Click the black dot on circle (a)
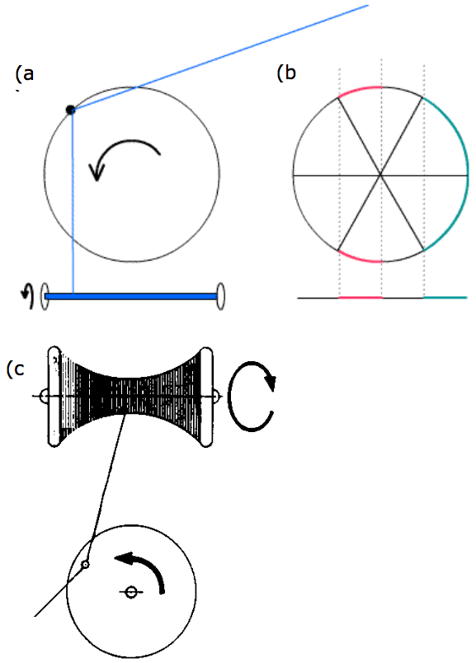point(71,110)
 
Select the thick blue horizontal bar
point(131,296)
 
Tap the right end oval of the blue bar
point(220,296)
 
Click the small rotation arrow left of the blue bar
point(28,294)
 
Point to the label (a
point(25,74)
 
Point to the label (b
point(286,73)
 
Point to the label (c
point(16,369)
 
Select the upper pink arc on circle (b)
point(360,89)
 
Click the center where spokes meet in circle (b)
point(381,175)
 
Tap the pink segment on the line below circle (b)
point(361,298)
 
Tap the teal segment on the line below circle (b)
point(445,298)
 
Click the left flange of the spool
point(54,397)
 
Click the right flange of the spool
point(206,397)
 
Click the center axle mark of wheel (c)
point(131,592)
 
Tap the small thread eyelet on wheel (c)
point(85,564)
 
